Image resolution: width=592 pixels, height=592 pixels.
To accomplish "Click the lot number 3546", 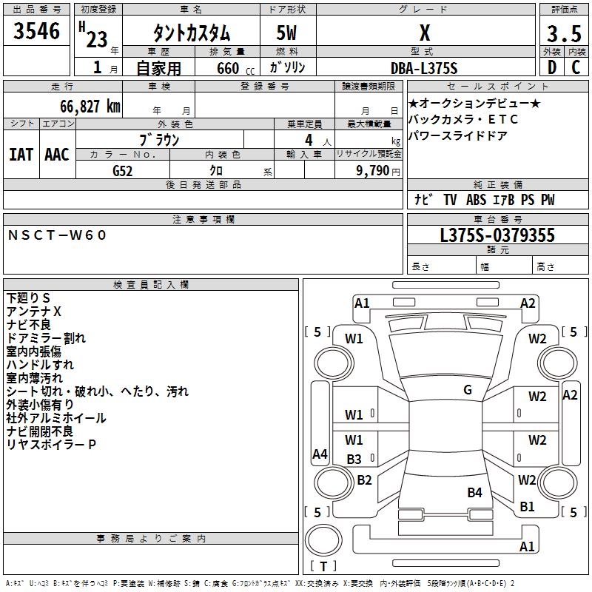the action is tap(36, 31).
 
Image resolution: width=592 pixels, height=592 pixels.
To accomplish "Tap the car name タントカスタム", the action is tap(192, 33).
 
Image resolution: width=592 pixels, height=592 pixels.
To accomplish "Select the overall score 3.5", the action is tap(564, 34).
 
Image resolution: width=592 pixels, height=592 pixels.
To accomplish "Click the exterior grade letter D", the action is tap(552, 67).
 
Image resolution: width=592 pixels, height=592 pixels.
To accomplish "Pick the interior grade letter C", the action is tap(576, 67).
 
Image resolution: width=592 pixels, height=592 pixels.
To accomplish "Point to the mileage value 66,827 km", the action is tap(90, 107).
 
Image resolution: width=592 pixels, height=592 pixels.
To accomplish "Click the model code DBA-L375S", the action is tap(424, 68).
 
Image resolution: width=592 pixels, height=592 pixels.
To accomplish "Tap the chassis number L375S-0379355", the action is tap(497, 235).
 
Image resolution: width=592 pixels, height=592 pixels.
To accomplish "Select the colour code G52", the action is tap(123, 171).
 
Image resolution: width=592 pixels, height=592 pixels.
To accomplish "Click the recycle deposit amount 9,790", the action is tap(373, 171).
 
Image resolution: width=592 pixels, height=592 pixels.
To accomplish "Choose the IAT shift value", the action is tap(21, 155).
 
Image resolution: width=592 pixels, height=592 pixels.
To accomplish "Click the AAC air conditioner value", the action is tap(57, 155).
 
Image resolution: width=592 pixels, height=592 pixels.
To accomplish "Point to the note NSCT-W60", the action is tap(57, 235).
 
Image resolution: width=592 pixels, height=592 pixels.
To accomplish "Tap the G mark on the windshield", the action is tap(468, 390).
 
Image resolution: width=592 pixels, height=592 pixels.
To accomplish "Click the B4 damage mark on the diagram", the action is tap(474, 492).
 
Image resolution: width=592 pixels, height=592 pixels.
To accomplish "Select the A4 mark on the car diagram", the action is tap(320, 454).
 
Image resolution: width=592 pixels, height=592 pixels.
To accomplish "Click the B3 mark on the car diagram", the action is tap(354, 459).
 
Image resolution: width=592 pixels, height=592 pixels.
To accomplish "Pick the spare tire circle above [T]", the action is tap(323, 539).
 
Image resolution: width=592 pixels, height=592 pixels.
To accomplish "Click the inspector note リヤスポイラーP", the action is tap(51, 445).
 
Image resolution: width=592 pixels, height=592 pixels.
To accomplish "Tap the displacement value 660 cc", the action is tap(235, 69).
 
